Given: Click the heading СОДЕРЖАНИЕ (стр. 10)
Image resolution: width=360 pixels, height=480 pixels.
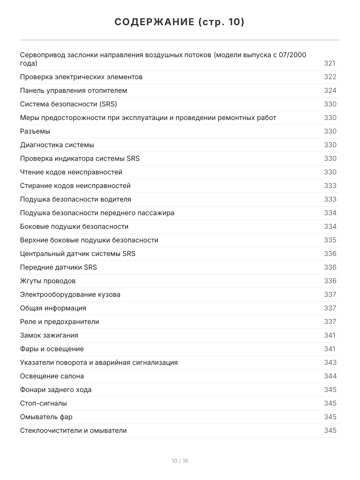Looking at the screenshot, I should click(180, 22).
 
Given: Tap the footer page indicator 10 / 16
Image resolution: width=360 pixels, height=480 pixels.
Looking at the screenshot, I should click(180, 461).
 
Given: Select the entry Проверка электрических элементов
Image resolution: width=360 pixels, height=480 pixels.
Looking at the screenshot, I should click(81, 77).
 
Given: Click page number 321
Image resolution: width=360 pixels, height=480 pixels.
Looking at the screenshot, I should click(330, 63).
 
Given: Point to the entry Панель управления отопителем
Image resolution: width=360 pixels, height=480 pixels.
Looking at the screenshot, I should click(74, 90).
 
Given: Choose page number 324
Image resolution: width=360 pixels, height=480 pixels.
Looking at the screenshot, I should click(330, 90).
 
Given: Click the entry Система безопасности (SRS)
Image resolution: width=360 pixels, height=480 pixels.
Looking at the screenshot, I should click(68, 104).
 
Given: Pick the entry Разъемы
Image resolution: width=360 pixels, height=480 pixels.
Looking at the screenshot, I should click(35, 131).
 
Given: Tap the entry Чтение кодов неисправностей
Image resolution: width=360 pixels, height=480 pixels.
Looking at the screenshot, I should click(71, 172).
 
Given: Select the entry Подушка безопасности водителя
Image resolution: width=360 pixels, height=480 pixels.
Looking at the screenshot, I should click(76, 199).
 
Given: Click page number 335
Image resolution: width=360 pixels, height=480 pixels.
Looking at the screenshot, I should click(330, 240).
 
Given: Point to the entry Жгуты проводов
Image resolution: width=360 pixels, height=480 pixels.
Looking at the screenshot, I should click(48, 281).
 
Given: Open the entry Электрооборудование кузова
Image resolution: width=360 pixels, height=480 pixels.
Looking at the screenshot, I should click(70, 294).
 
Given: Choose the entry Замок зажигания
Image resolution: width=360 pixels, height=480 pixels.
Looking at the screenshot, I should click(49, 335).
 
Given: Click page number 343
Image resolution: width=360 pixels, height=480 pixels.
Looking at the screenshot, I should click(330, 362).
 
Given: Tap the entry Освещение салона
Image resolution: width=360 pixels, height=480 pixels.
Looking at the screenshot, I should click(52, 376).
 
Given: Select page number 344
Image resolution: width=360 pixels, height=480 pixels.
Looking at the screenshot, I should click(330, 376).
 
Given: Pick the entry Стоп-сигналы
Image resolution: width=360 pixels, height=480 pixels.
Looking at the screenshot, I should click(44, 403).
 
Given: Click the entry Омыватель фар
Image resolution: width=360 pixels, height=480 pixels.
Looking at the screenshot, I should click(46, 417).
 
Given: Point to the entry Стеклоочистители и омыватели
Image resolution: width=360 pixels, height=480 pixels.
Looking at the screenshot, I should click(73, 430).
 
